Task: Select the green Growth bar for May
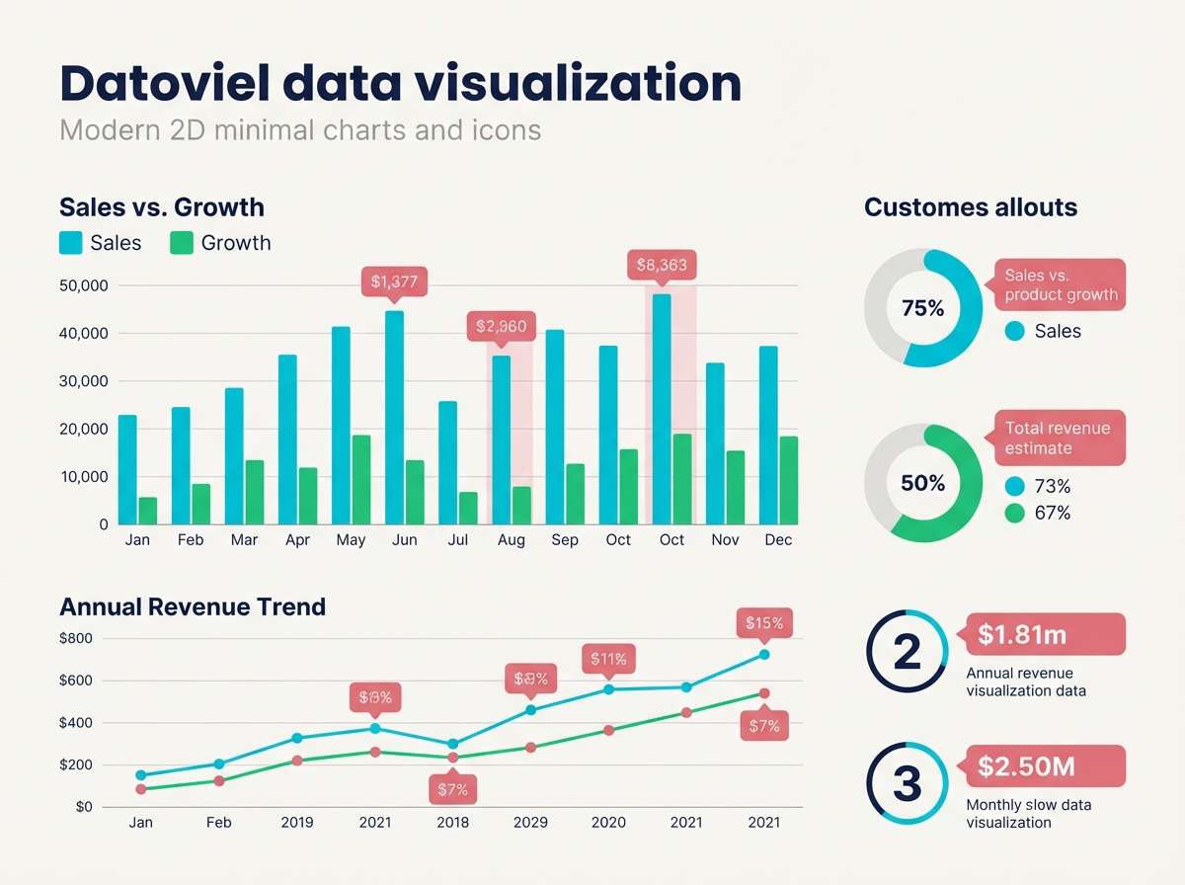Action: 361,480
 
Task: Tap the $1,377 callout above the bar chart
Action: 394,282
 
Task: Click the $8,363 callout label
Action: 662,265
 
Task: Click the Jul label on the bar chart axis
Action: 457,540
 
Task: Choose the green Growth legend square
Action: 182,243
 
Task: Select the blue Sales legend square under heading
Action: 71,243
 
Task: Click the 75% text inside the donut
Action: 923,308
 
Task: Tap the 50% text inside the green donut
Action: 923,483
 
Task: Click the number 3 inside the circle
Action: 907,783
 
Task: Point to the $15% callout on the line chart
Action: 764,623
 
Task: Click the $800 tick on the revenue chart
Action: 77,638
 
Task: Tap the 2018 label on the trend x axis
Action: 452,822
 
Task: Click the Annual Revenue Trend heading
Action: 193,606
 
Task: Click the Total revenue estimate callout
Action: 1058,438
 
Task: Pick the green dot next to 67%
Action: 1014,513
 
